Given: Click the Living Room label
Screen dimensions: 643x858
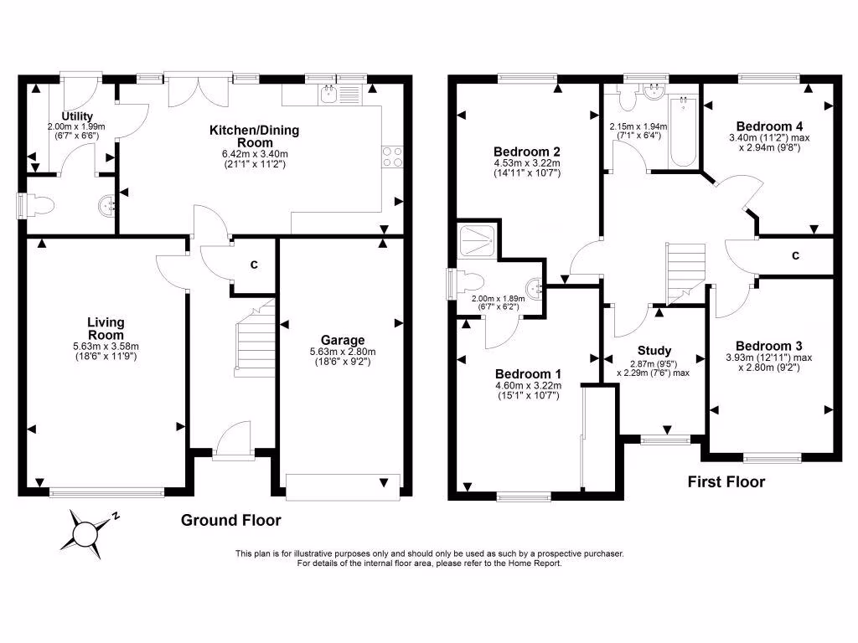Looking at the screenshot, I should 106,328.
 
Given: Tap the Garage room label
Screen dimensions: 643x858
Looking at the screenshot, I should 343,340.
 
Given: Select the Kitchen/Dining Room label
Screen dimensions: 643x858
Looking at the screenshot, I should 254,136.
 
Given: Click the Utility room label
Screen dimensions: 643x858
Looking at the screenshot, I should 76,116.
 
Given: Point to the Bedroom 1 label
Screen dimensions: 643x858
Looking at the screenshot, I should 528,373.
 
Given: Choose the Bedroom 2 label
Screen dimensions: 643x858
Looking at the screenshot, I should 527,152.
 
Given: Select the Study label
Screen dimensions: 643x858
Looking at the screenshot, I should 654,351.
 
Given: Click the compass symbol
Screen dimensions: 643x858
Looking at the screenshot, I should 86,532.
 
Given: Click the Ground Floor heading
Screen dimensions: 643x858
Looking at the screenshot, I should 231,520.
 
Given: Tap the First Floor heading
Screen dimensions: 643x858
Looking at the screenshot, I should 726,481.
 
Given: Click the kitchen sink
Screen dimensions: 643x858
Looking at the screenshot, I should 328,94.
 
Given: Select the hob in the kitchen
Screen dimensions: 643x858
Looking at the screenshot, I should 392,157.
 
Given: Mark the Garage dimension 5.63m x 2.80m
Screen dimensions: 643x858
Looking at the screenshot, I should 343,351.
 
